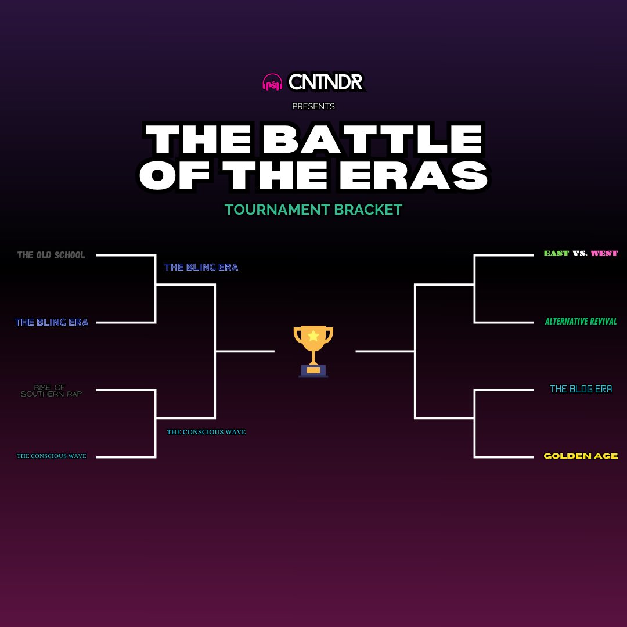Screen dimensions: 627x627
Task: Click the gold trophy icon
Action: pos(313,348)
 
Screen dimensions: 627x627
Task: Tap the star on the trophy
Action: pos(313,335)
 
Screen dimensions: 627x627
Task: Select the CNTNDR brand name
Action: pos(326,82)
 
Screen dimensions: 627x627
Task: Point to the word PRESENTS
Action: pos(313,106)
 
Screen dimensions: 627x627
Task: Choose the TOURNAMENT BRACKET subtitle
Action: pos(313,210)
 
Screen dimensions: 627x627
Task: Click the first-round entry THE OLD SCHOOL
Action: pos(51,255)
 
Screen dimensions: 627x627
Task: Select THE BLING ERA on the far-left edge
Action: pos(51,322)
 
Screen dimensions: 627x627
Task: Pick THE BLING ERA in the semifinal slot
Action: pos(201,267)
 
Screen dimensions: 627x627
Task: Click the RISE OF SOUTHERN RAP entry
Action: pos(51,391)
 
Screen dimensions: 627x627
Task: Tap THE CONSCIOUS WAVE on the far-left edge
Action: pos(51,456)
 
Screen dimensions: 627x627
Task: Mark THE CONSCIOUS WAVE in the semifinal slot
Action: pos(206,432)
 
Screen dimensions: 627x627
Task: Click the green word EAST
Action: pos(556,254)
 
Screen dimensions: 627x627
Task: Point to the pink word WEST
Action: pos(604,254)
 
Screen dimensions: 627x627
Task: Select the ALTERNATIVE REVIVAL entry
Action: pos(581,322)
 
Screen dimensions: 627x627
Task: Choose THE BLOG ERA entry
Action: pos(581,389)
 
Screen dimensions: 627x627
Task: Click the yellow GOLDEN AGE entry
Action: pos(581,456)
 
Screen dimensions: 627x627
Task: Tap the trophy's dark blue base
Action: pos(313,373)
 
